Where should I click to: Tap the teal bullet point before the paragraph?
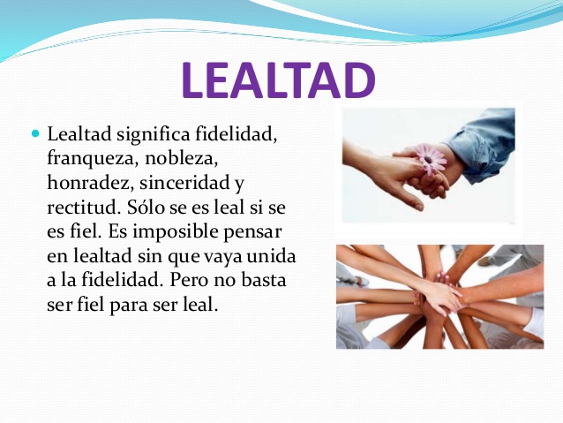click(35, 135)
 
